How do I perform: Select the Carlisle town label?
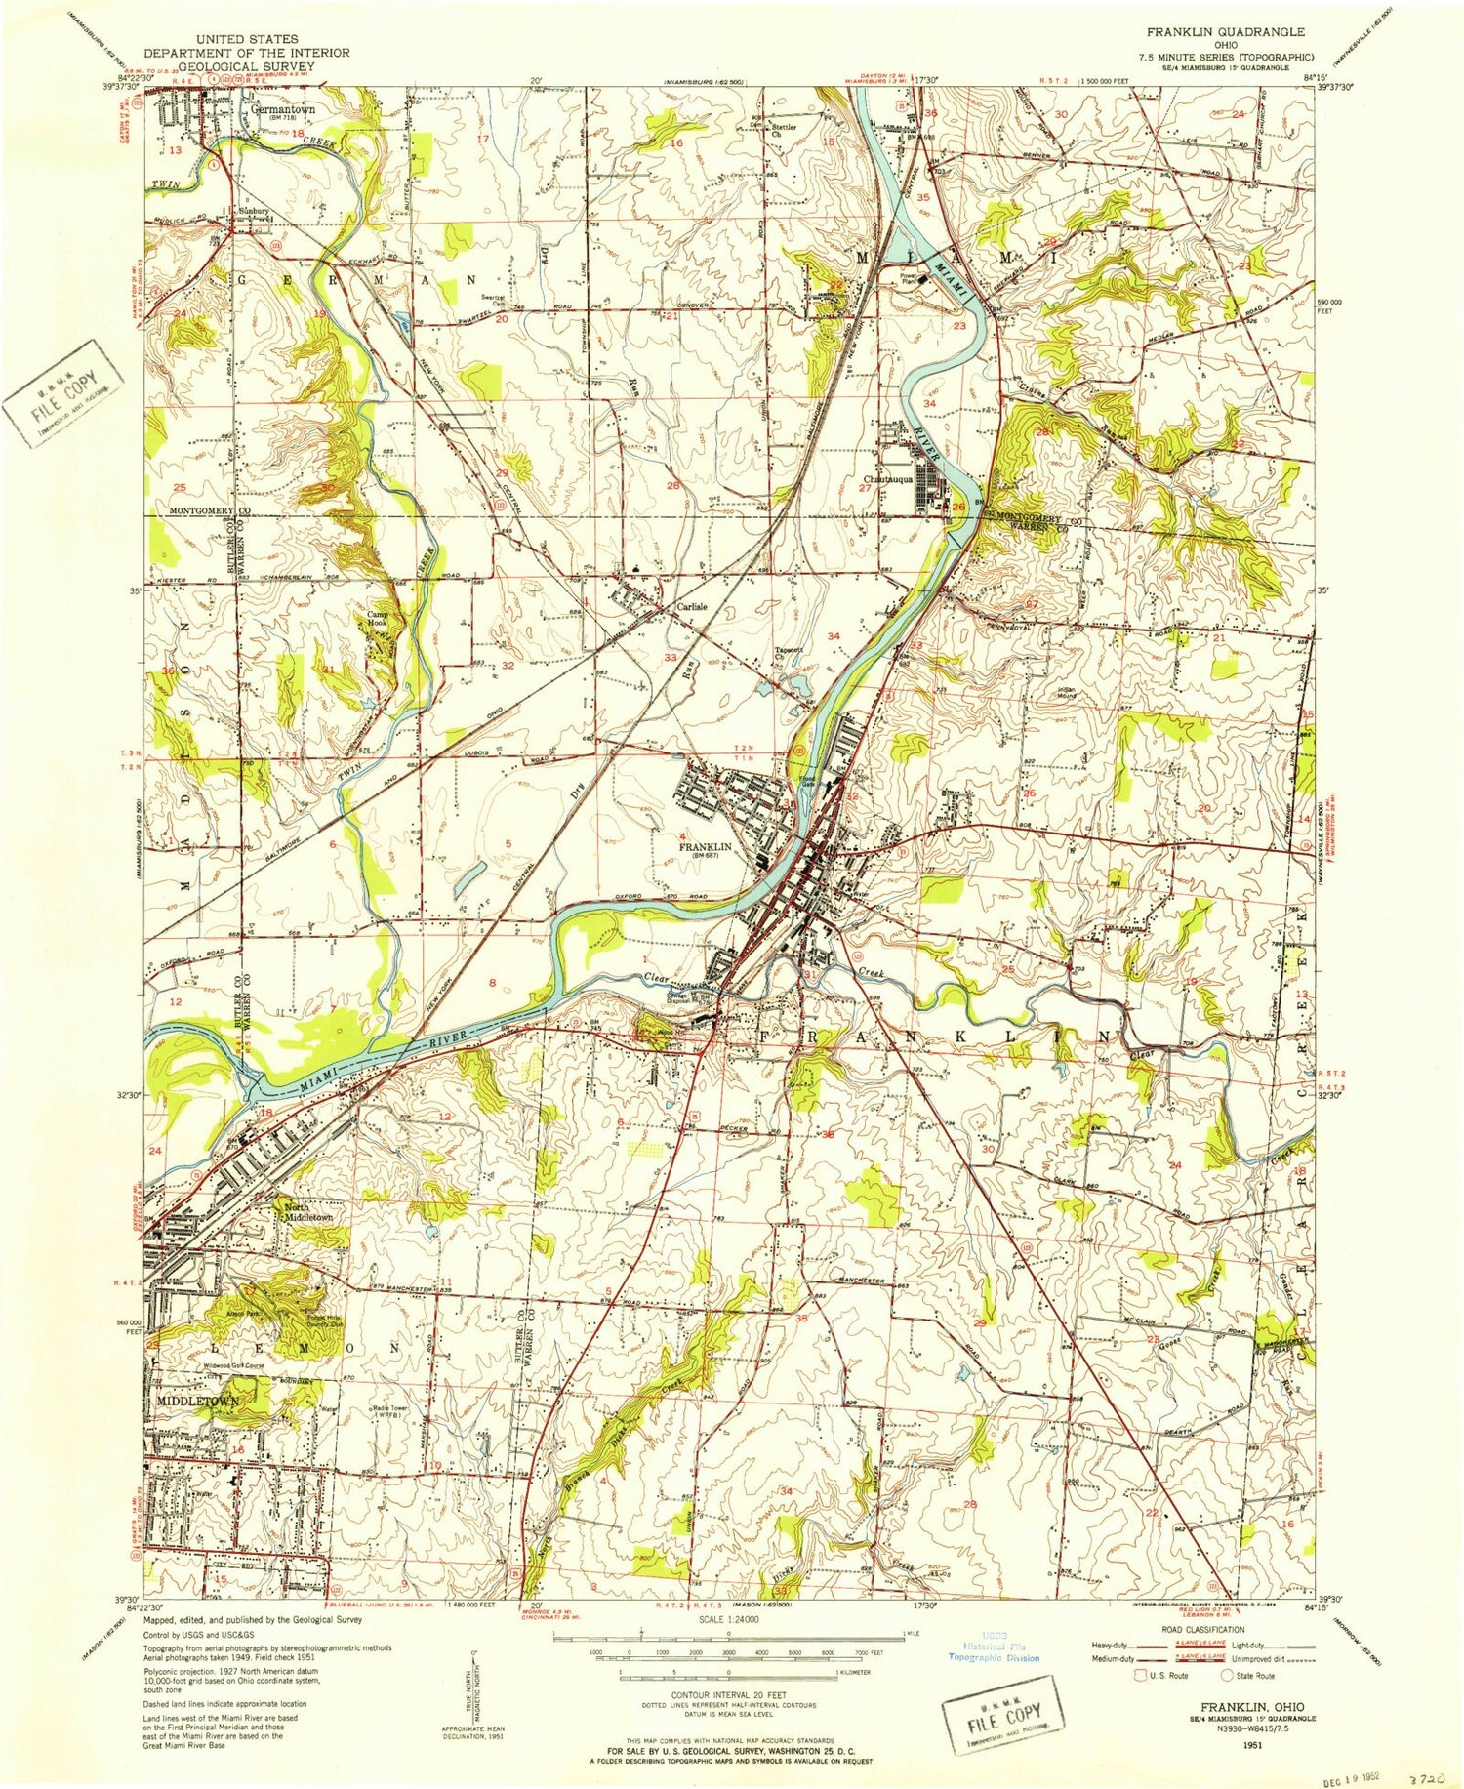click(692, 606)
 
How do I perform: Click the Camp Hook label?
click(378, 619)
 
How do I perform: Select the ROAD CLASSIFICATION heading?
click(1201, 1629)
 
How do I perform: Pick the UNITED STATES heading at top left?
click(246, 39)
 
